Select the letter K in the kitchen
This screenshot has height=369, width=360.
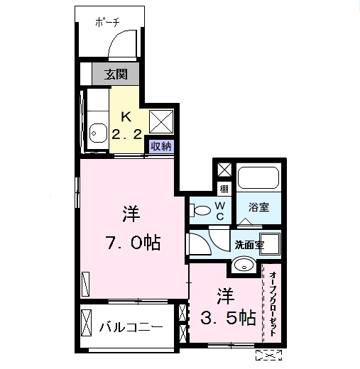pyautogui.click(x=125, y=117)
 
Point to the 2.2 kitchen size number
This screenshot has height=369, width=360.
pyautogui.click(x=128, y=133)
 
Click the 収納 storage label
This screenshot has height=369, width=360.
pyautogui.click(x=160, y=146)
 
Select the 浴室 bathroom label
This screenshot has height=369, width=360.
pyautogui.click(x=258, y=206)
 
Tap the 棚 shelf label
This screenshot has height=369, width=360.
pyautogui.click(x=224, y=189)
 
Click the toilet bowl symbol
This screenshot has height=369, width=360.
pyautogui.click(x=201, y=210)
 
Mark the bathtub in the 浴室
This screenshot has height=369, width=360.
pyautogui.click(x=258, y=178)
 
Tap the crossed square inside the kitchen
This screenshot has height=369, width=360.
pyautogui.click(x=161, y=122)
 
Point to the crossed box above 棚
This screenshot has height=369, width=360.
pyautogui.click(x=224, y=170)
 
